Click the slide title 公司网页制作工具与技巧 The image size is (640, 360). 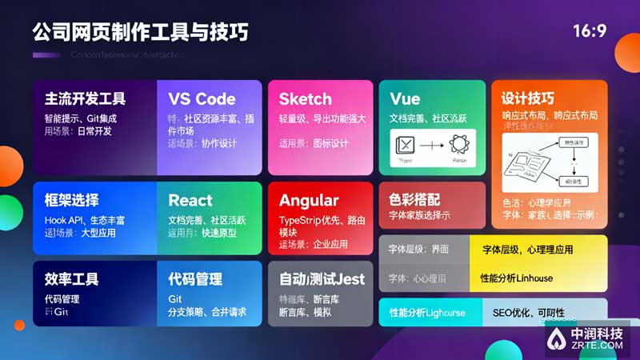[x=140, y=32]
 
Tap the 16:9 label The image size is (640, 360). [x=590, y=31]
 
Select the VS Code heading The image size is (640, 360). [x=202, y=99]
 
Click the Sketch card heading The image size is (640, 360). [x=305, y=99]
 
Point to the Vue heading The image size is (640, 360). [x=405, y=99]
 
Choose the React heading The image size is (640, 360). [x=190, y=200]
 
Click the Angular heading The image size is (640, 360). [x=309, y=200]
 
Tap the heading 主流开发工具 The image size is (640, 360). [x=85, y=99]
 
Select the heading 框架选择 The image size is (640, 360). [x=72, y=200]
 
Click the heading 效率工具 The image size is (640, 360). [x=72, y=279]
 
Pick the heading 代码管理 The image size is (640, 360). [x=195, y=279]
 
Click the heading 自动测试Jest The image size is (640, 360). [x=322, y=279]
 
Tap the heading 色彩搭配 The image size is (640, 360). [x=414, y=198]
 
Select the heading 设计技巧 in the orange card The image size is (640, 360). [x=528, y=99]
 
